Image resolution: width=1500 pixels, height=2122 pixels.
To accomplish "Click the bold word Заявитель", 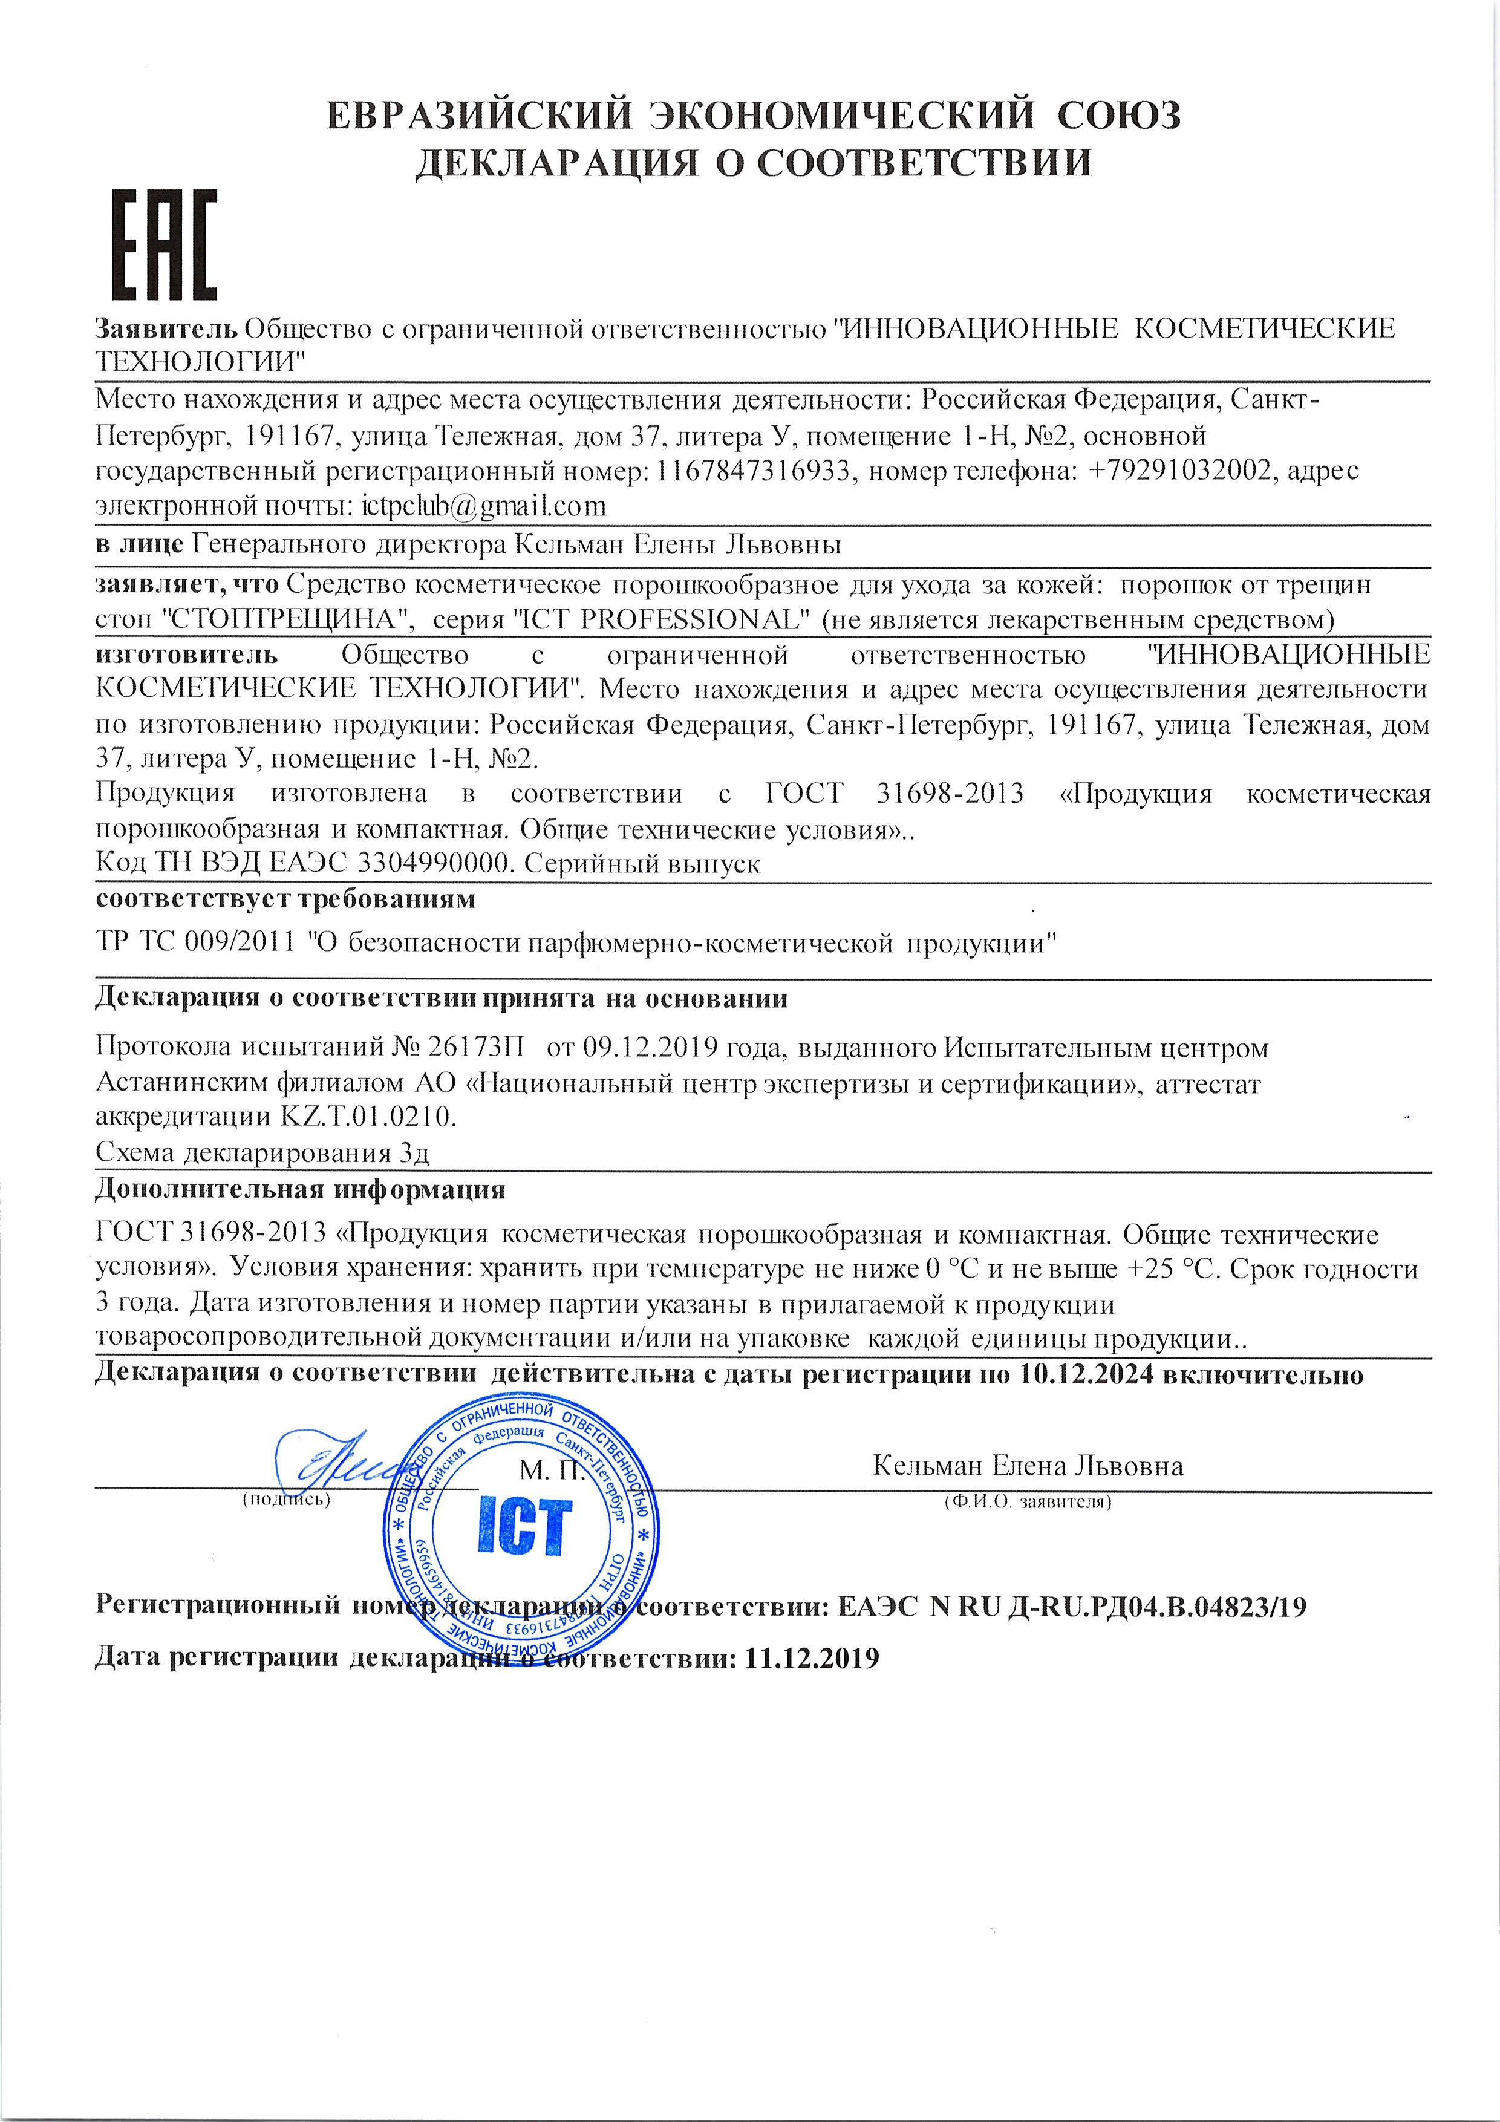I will [x=166, y=328].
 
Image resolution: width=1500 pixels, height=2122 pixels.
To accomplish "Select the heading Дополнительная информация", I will [x=301, y=1189].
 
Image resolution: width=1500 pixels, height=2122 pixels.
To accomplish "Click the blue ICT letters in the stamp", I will [x=523, y=1526].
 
